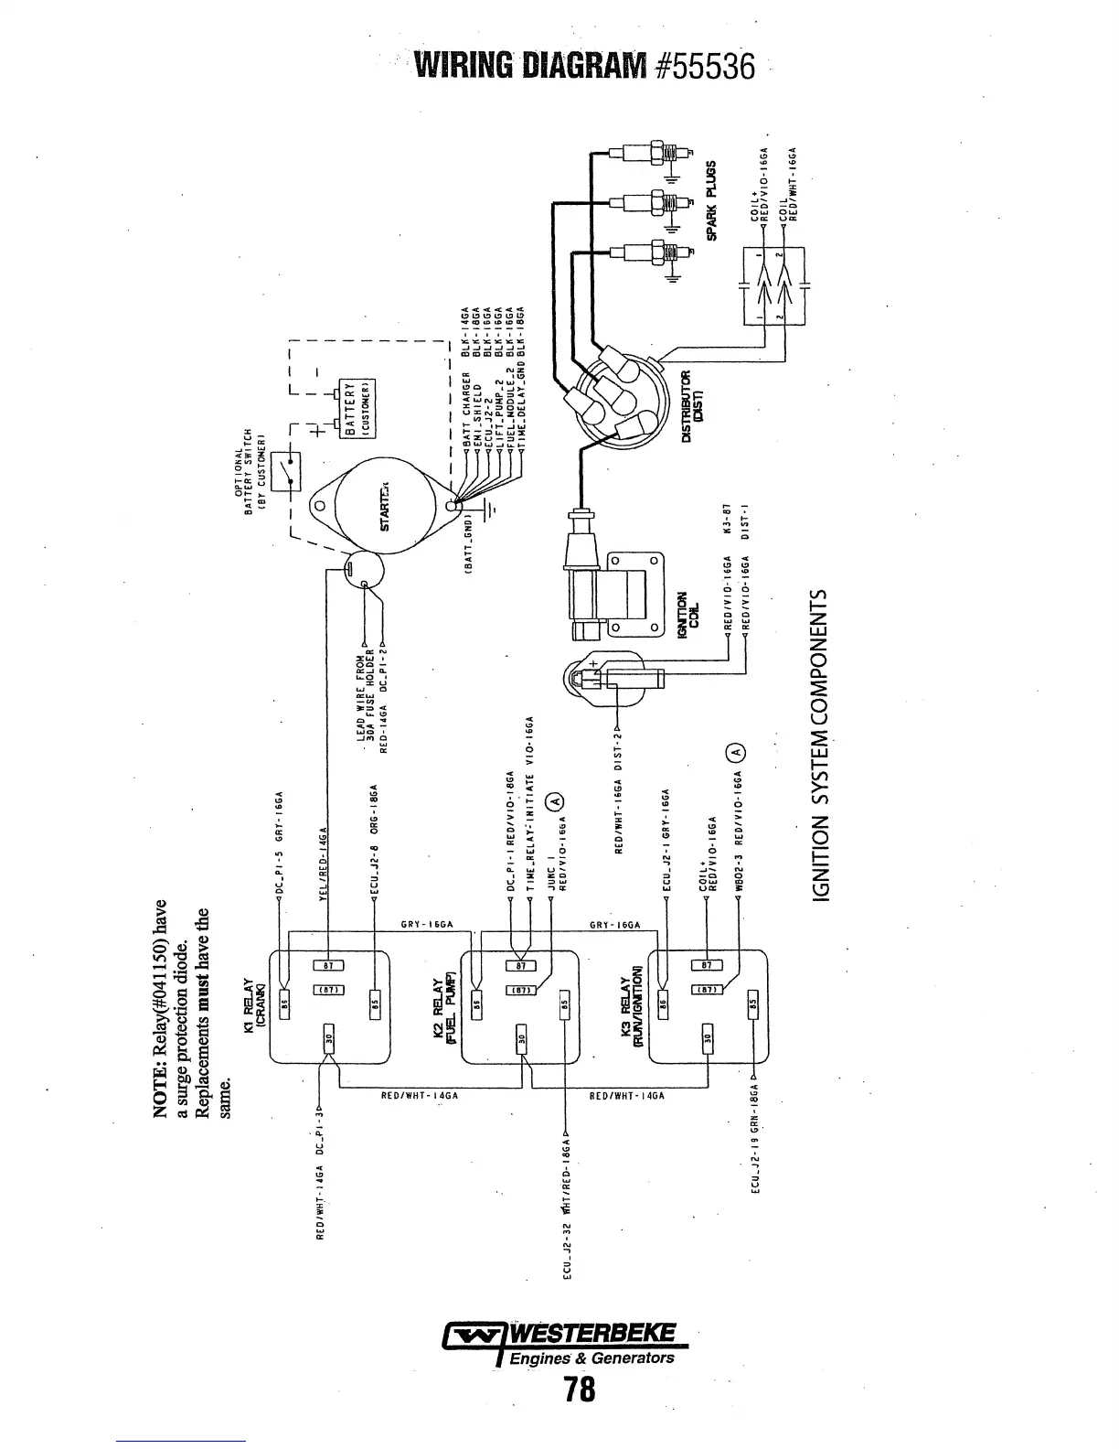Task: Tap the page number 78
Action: click(x=580, y=1390)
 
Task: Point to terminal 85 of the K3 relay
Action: click(x=752, y=1002)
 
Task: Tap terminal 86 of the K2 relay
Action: click(x=475, y=1002)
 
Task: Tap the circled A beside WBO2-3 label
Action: click(x=737, y=751)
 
